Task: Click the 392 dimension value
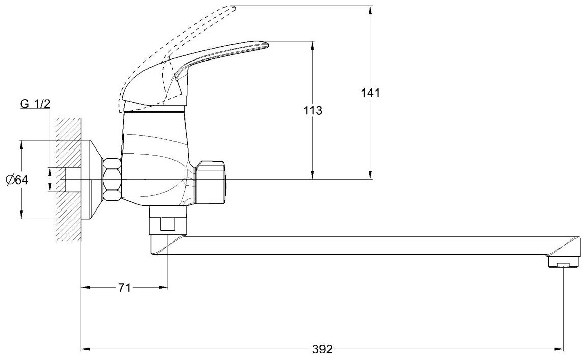coord(322,349)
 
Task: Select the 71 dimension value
coord(124,288)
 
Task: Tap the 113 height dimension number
coord(313,111)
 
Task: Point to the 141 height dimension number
coord(370,93)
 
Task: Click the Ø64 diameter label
coord(17,180)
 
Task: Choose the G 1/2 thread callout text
coord(35,104)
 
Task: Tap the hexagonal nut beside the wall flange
coord(112,180)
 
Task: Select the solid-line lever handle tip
coord(266,45)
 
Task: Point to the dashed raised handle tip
coord(232,7)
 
